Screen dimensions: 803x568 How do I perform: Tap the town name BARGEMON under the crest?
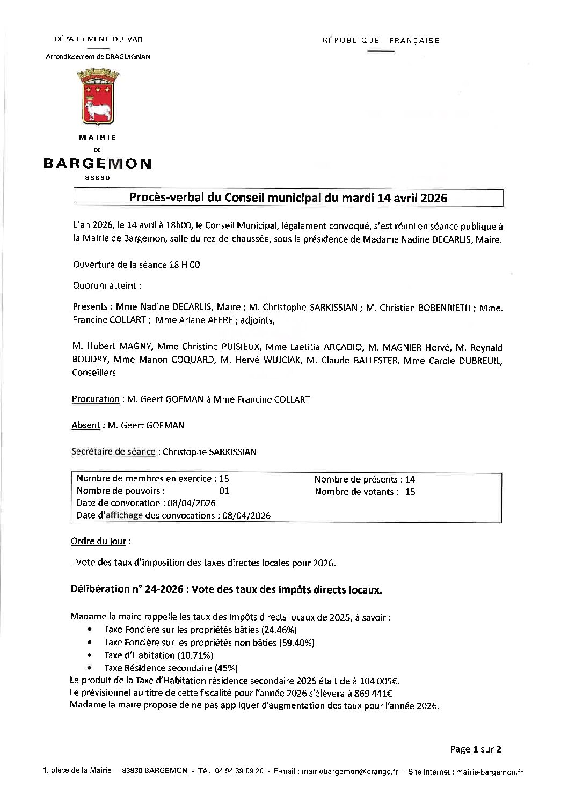click(97, 164)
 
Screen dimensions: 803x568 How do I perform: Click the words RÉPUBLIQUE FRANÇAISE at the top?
click(381, 40)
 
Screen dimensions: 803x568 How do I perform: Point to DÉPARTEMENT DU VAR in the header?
click(98, 39)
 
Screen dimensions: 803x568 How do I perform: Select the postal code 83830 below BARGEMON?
click(97, 178)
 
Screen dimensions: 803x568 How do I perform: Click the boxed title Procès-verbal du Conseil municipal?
click(288, 198)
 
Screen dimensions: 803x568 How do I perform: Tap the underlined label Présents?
click(90, 307)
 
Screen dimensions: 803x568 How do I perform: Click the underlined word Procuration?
click(96, 399)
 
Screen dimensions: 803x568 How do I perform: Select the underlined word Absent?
click(85, 425)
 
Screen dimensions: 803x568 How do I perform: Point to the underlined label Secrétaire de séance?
click(113, 451)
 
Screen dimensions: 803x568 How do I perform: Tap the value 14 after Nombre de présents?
click(410, 479)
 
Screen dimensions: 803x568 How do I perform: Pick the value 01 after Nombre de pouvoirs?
click(224, 491)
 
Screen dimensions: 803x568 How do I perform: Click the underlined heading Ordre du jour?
click(99, 541)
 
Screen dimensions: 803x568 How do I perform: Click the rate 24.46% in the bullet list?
click(279, 629)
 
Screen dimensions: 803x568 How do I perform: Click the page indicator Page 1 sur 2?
click(476, 749)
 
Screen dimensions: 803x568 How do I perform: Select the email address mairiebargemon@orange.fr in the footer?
click(349, 772)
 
